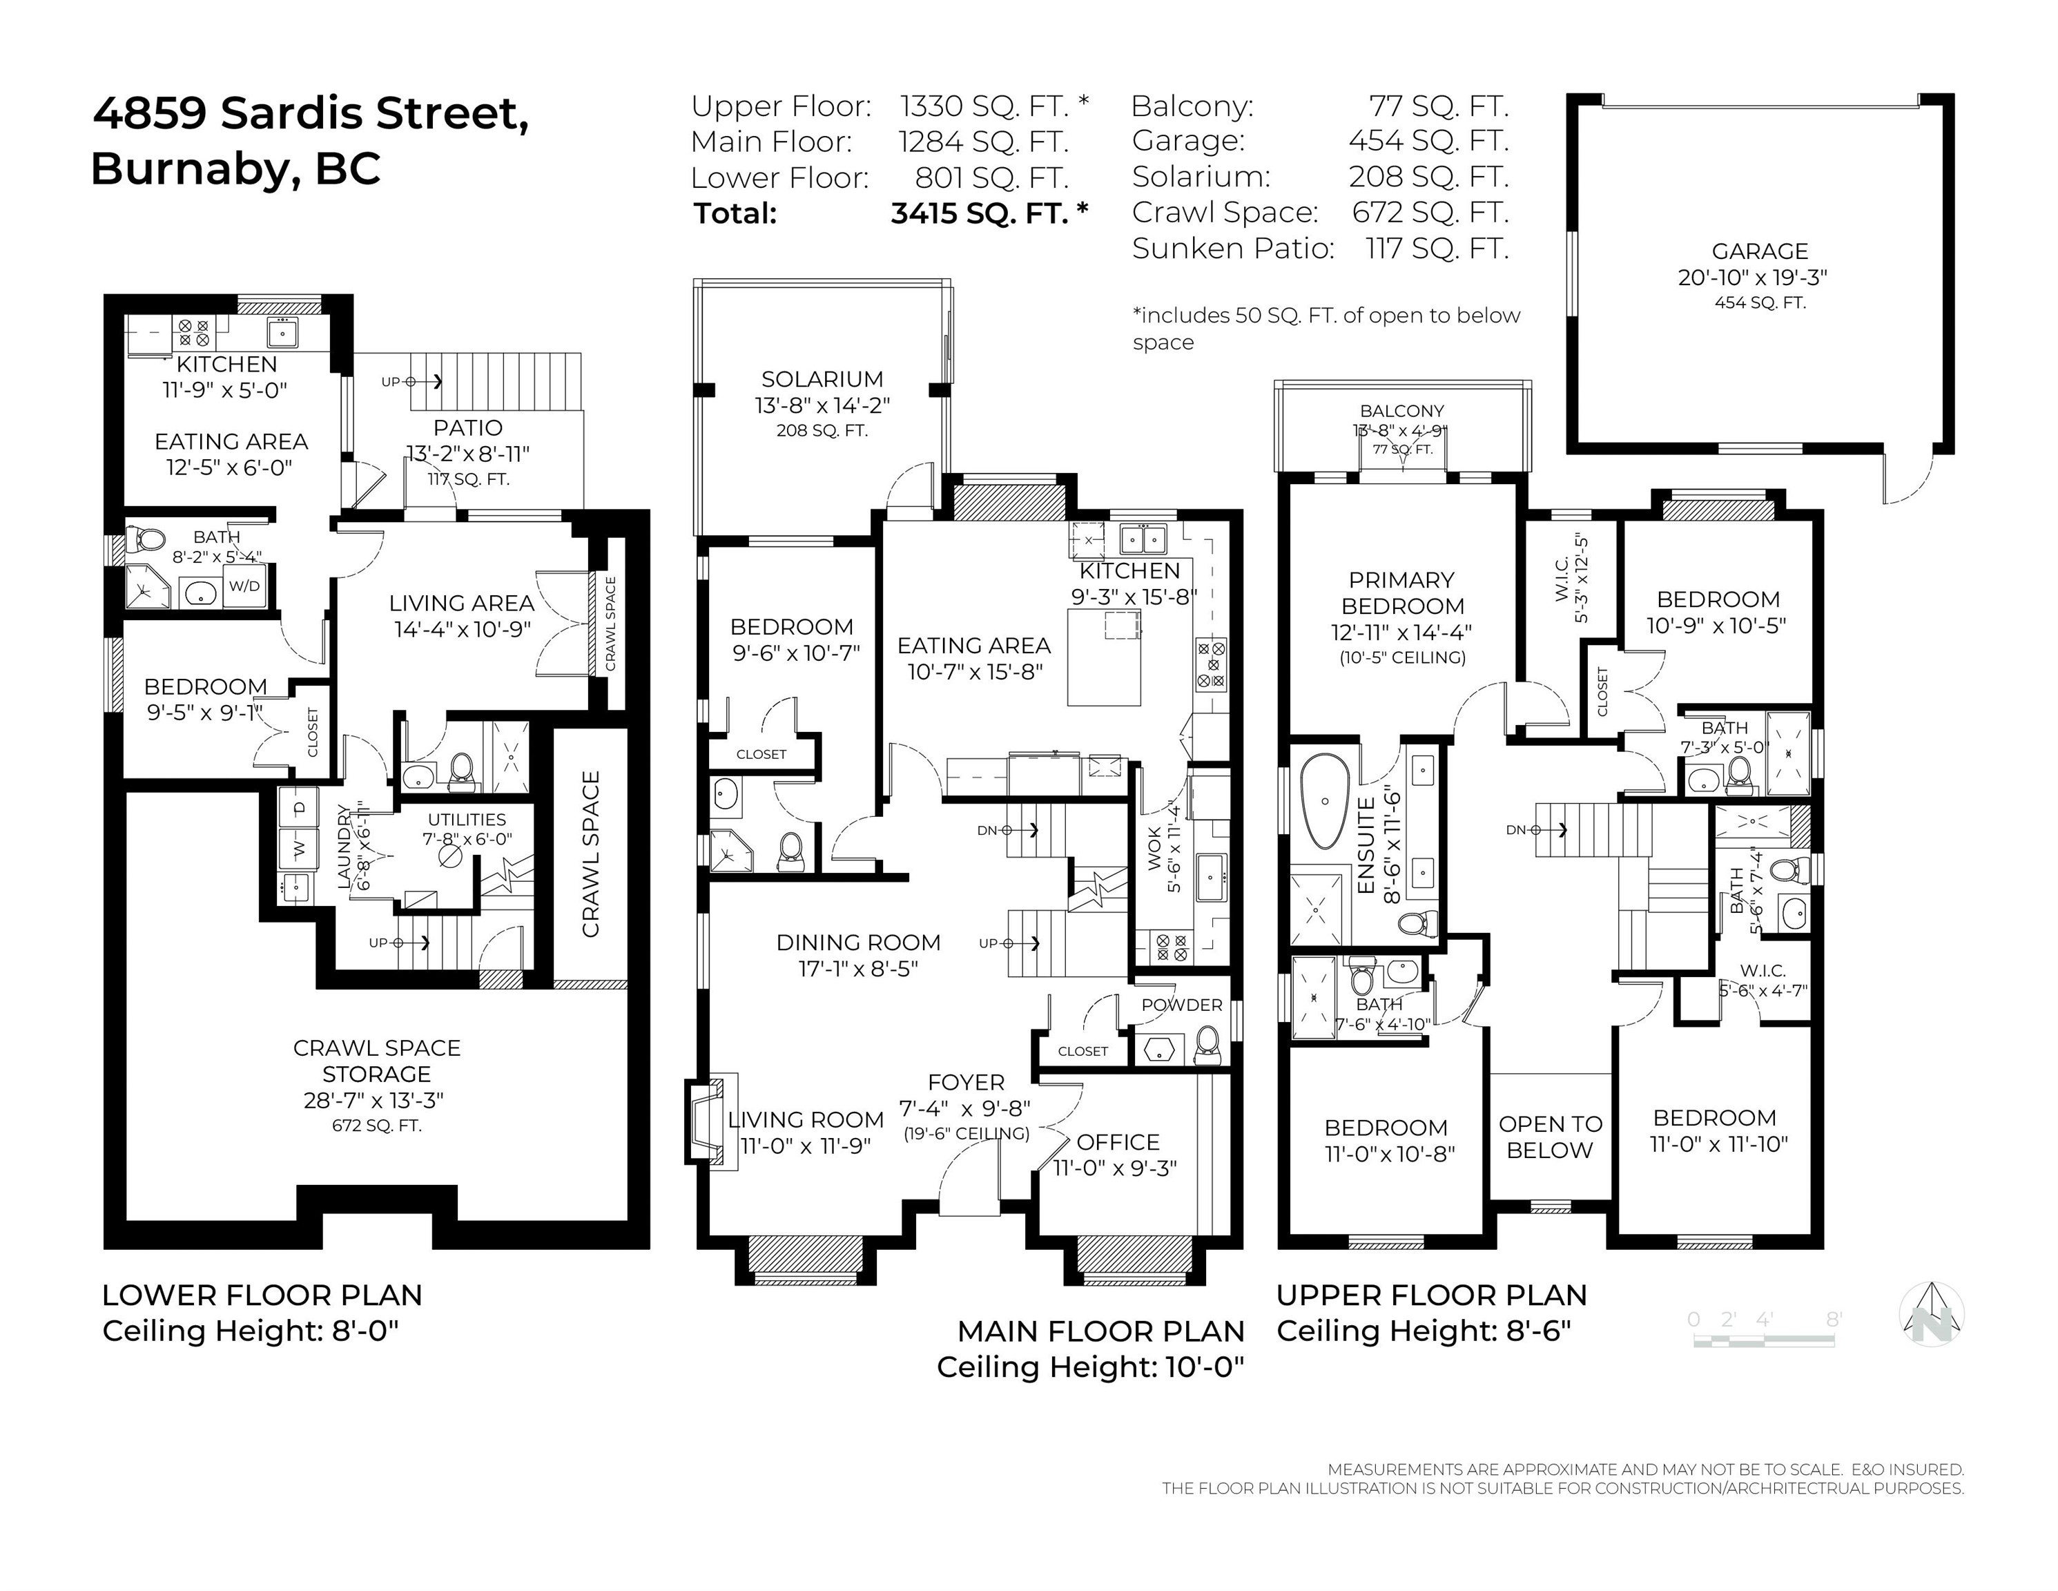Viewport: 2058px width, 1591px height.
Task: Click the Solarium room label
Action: coord(822,379)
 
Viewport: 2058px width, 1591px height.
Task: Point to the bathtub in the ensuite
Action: coord(1325,801)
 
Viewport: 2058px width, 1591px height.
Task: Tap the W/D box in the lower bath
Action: coord(244,586)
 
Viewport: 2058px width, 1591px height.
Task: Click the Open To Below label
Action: coord(1550,1137)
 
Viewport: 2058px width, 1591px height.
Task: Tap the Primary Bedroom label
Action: coord(1401,593)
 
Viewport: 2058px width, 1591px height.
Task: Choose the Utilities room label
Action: coord(467,819)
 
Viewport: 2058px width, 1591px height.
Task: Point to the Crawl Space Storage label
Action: coord(376,1061)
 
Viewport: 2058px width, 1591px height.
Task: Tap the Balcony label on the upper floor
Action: coord(1401,411)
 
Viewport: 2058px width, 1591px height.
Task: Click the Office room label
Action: coord(1118,1142)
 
